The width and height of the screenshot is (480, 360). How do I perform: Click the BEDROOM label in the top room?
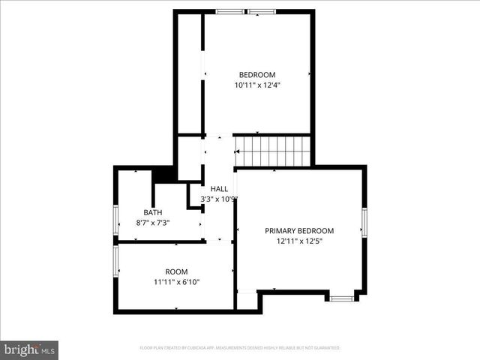[x=257, y=74]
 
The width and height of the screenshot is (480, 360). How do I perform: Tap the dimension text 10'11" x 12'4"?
[x=257, y=85]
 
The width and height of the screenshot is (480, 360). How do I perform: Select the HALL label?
[x=219, y=188]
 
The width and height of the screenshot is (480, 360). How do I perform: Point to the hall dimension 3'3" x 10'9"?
[x=219, y=199]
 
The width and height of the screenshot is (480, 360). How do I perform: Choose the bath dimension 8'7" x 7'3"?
[x=153, y=223]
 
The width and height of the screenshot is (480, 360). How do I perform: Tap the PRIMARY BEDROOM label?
[x=299, y=231]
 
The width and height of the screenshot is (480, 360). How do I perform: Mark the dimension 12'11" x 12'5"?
[x=299, y=241]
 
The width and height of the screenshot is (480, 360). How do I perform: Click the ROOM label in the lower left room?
[x=177, y=271]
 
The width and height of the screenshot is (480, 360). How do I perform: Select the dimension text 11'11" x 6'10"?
[x=177, y=282]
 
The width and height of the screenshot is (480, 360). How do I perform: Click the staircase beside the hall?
[x=273, y=151]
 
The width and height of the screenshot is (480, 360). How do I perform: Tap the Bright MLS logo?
[x=29, y=349]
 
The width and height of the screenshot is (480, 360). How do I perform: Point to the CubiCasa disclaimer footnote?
[x=240, y=348]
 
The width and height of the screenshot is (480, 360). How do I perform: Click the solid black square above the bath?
[x=163, y=175]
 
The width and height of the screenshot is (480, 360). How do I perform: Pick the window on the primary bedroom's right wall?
[x=364, y=221]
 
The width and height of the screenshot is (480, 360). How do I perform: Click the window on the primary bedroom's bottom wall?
[x=342, y=298]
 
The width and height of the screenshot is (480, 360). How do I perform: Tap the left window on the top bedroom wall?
[x=229, y=11]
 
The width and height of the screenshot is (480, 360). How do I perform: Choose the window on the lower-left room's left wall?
[x=115, y=261]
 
